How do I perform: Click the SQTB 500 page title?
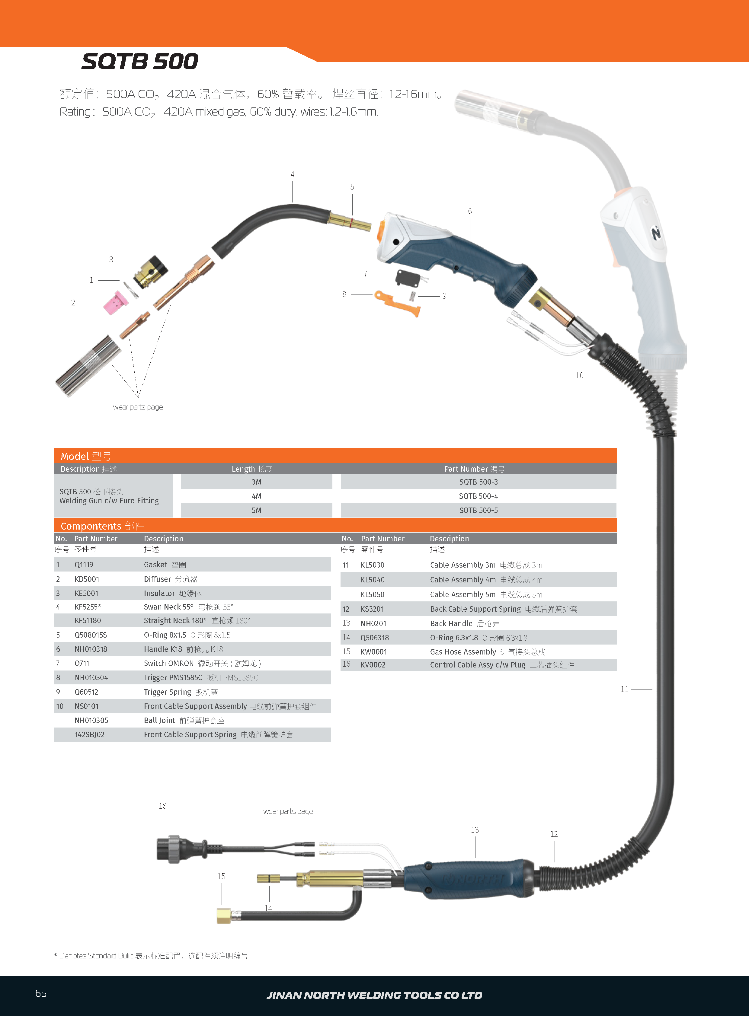(140, 61)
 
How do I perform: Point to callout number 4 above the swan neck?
(293, 174)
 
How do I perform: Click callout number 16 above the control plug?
(162, 806)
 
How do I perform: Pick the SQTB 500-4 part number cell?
(478, 496)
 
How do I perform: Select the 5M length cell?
(256, 510)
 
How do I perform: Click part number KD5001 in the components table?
(87, 579)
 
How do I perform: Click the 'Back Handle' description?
(451, 623)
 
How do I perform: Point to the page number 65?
(41, 993)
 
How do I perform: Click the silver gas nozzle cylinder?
(88, 366)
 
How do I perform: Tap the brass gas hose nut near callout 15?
(223, 916)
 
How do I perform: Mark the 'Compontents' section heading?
(91, 526)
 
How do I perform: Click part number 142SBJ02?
(89, 734)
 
